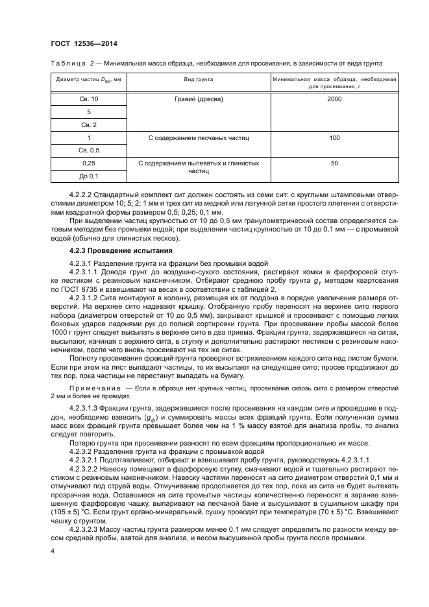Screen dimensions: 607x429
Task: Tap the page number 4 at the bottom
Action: (x=53, y=552)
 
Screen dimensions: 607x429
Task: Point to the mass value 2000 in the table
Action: (x=334, y=99)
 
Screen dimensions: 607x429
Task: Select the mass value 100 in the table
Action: (x=334, y=137)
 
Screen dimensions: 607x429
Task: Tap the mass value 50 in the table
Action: (x=334, y=163)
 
